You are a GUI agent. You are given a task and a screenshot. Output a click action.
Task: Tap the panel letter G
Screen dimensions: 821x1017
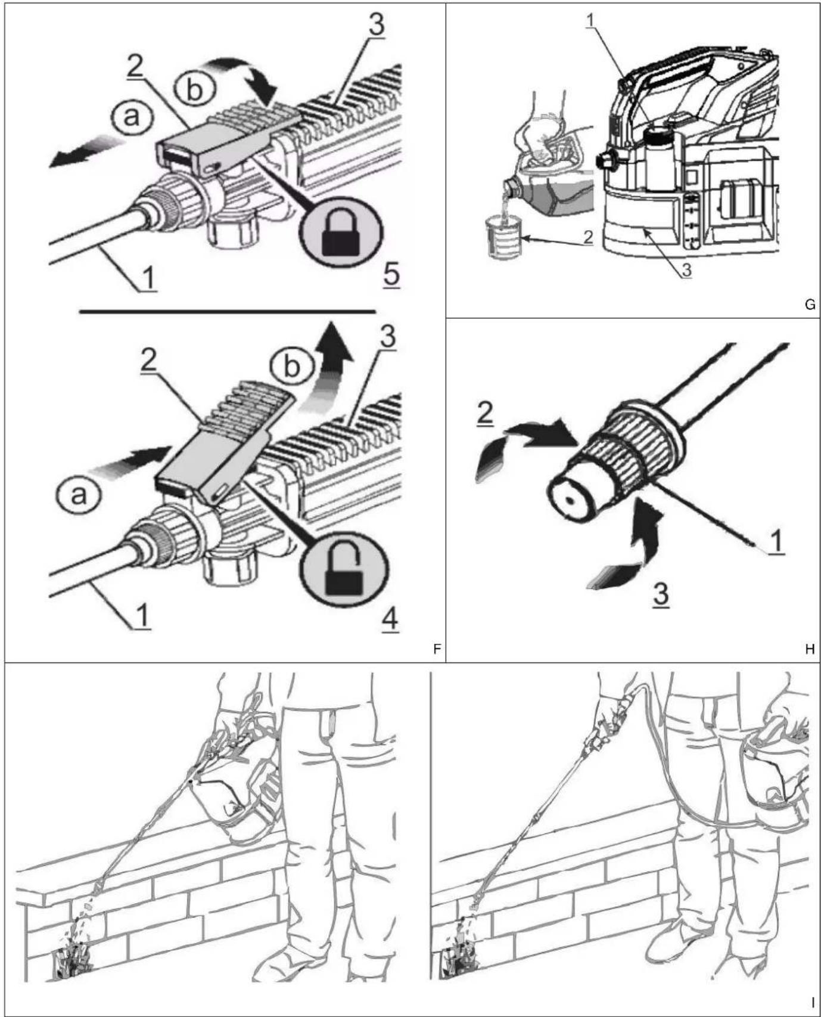809,305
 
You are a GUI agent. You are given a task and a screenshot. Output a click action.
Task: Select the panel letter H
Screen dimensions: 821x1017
809,649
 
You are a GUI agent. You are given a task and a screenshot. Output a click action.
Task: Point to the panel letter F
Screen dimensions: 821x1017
437,649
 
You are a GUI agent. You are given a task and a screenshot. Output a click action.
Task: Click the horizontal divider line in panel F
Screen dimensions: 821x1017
227,311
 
